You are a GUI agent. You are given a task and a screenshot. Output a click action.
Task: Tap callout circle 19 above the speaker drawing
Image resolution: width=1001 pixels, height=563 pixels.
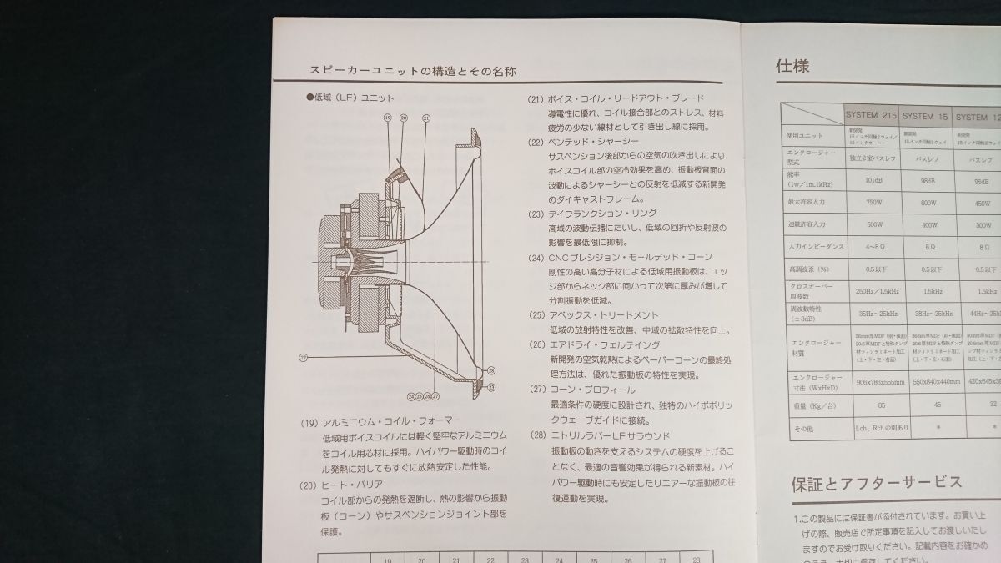(388, 118)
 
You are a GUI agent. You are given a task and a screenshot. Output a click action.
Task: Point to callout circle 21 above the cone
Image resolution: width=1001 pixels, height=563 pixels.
(425, 118)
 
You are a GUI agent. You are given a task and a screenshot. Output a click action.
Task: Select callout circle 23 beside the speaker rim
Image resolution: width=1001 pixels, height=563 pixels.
(491, 386)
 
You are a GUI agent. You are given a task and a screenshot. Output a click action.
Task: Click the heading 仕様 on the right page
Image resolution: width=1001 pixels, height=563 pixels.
(792, 66)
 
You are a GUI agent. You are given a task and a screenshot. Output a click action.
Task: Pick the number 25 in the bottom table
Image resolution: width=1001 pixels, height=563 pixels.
(593, 560)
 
